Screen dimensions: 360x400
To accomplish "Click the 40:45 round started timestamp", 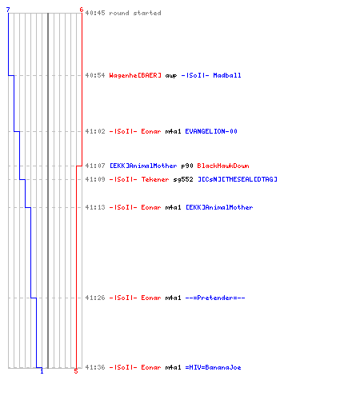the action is (x=95, y=13).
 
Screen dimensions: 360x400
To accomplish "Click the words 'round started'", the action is (x=135, y=13).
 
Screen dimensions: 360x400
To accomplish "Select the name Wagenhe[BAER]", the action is (x=135, y=75).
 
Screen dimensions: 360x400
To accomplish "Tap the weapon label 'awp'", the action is (x=171, y=76).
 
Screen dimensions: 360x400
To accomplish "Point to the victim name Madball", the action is (x=227, y=75).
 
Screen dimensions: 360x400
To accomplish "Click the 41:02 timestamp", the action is (x=95, y=131).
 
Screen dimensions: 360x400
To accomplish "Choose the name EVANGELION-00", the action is (x=211, y=131).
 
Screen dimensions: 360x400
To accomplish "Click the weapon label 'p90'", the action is (x=187, y=166).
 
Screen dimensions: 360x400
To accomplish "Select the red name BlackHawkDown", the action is (x=223, y=166).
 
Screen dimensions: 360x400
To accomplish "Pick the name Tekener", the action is (x=155, y=179).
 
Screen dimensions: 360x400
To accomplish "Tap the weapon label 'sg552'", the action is (x=183, y=179).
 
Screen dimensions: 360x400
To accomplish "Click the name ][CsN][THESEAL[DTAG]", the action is (x=238, y=179).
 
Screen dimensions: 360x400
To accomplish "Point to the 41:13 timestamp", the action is (x=95, y=207).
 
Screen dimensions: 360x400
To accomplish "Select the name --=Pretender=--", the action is (x=215, y=298).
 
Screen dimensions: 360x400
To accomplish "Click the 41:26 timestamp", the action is (x=95, y=298).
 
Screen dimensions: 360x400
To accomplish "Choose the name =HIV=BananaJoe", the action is (x=214, y=367).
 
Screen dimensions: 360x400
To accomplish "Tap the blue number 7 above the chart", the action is (x=8, y=10).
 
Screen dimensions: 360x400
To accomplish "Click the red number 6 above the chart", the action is (x=82, y=10).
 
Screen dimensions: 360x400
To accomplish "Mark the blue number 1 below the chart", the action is (x=42, y=371).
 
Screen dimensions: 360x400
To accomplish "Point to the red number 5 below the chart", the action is (x=76, y=371).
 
